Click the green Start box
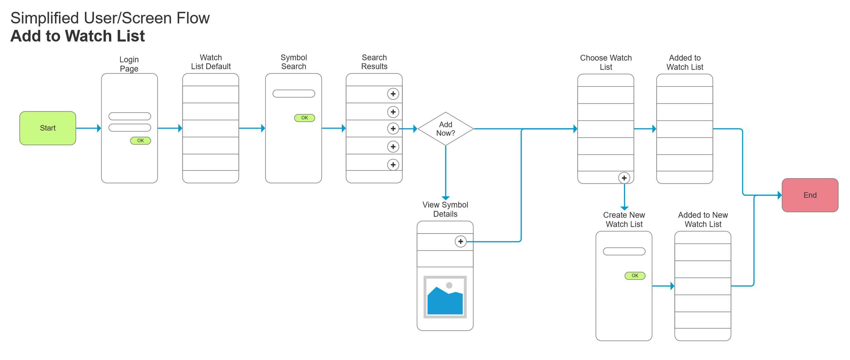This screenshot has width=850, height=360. pyautogui.click(x=48, y=128)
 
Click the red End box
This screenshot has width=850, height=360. pyautogui.click(x=810, y=195)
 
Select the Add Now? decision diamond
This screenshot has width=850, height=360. pyautogui.click(x=445, y=129)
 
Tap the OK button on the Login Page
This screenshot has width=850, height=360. pyautogui.click(x=140, y=140)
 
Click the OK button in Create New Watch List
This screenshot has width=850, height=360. pyautogui.click(x=635, y=275)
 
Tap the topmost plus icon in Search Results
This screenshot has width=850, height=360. pyautogui.click(x=393, y=94)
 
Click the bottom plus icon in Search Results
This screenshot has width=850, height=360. pyautogui.click(x=393, y=165)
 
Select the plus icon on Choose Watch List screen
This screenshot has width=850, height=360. pyautogui.click(x=624, y=178)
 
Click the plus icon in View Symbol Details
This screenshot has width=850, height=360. pyautogui.click(x=460, y=241)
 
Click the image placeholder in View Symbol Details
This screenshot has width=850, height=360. pyautogui.click(x=445, y=297)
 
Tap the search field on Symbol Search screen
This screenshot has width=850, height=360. pyautogui.click(x=294, y=93)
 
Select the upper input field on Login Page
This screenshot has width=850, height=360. pyautogui.click(x=130, y=116)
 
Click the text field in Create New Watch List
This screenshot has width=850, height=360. pyautogui.click(x=624, y=251)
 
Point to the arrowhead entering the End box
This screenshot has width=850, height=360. pyautogui.click(x=779, y=195)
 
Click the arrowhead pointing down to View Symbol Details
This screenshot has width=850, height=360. pyautogui.click(x=445, y=198)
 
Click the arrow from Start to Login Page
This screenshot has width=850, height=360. pyautogui.click(x=88, y=128)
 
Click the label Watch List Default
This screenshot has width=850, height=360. pyautogui.click(x=211, y=62)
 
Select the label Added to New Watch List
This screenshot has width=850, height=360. pyautogui.click(x=703, y=220)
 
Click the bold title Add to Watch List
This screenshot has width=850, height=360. pyautogui.click(x=78, y=36)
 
